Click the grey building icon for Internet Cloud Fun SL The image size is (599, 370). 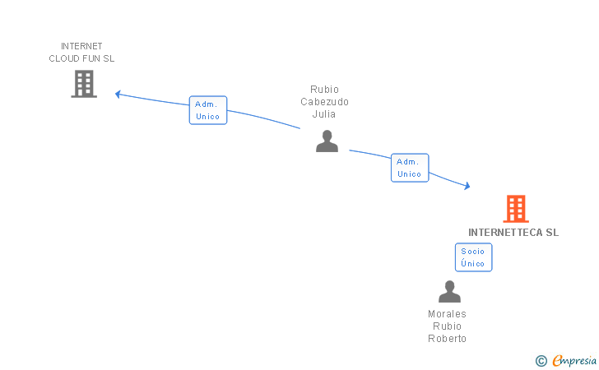tap(84, 84)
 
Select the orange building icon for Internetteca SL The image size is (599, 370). tap(516, 209)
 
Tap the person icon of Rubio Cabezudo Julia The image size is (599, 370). tap(327, 141)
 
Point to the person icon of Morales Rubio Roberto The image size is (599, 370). tap(449, 292)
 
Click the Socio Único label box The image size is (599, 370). tap(473, 257)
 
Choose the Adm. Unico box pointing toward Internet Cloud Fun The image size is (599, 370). tap(208, 110)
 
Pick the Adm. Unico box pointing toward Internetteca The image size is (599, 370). tap(409, 168)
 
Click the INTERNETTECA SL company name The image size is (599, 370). tap(513, 233)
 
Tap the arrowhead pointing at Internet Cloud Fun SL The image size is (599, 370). tap(118, 94)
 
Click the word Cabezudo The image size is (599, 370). tap(324, 102)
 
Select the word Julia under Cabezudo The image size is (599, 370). tap(324, 114)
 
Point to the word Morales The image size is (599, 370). tap(447, 314)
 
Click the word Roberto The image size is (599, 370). tap(447, 339)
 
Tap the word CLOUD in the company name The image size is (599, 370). tap(64, 59)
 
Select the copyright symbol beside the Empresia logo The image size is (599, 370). tap(541, 360)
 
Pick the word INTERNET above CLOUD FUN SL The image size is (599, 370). tap(81, 46)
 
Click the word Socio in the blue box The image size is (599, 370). tap(473, 252)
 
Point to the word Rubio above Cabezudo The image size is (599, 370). tap(324, 90)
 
